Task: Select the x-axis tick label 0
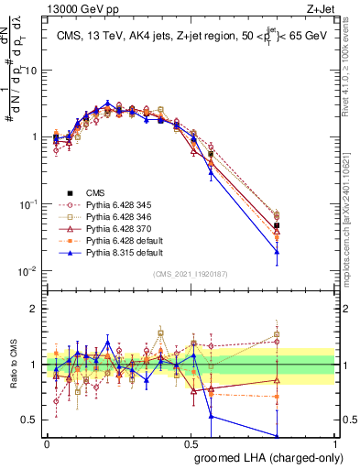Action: tap(47, 442)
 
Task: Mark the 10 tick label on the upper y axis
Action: tap(31, 70)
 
